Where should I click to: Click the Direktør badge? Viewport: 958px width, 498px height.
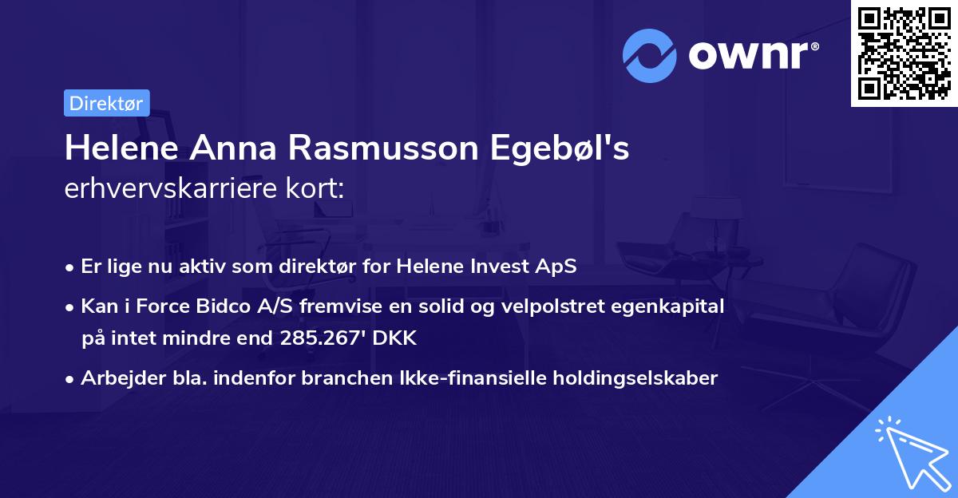click(106, 103)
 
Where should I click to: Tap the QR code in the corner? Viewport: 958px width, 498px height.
click(905, 53)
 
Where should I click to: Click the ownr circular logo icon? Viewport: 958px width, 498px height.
click(650, 56)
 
